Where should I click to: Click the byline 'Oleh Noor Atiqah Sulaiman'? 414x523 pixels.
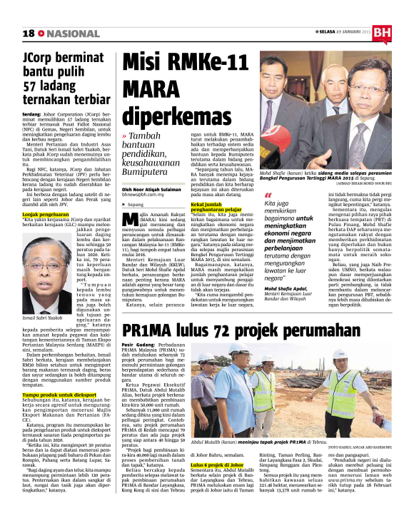[x=155, y=190]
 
